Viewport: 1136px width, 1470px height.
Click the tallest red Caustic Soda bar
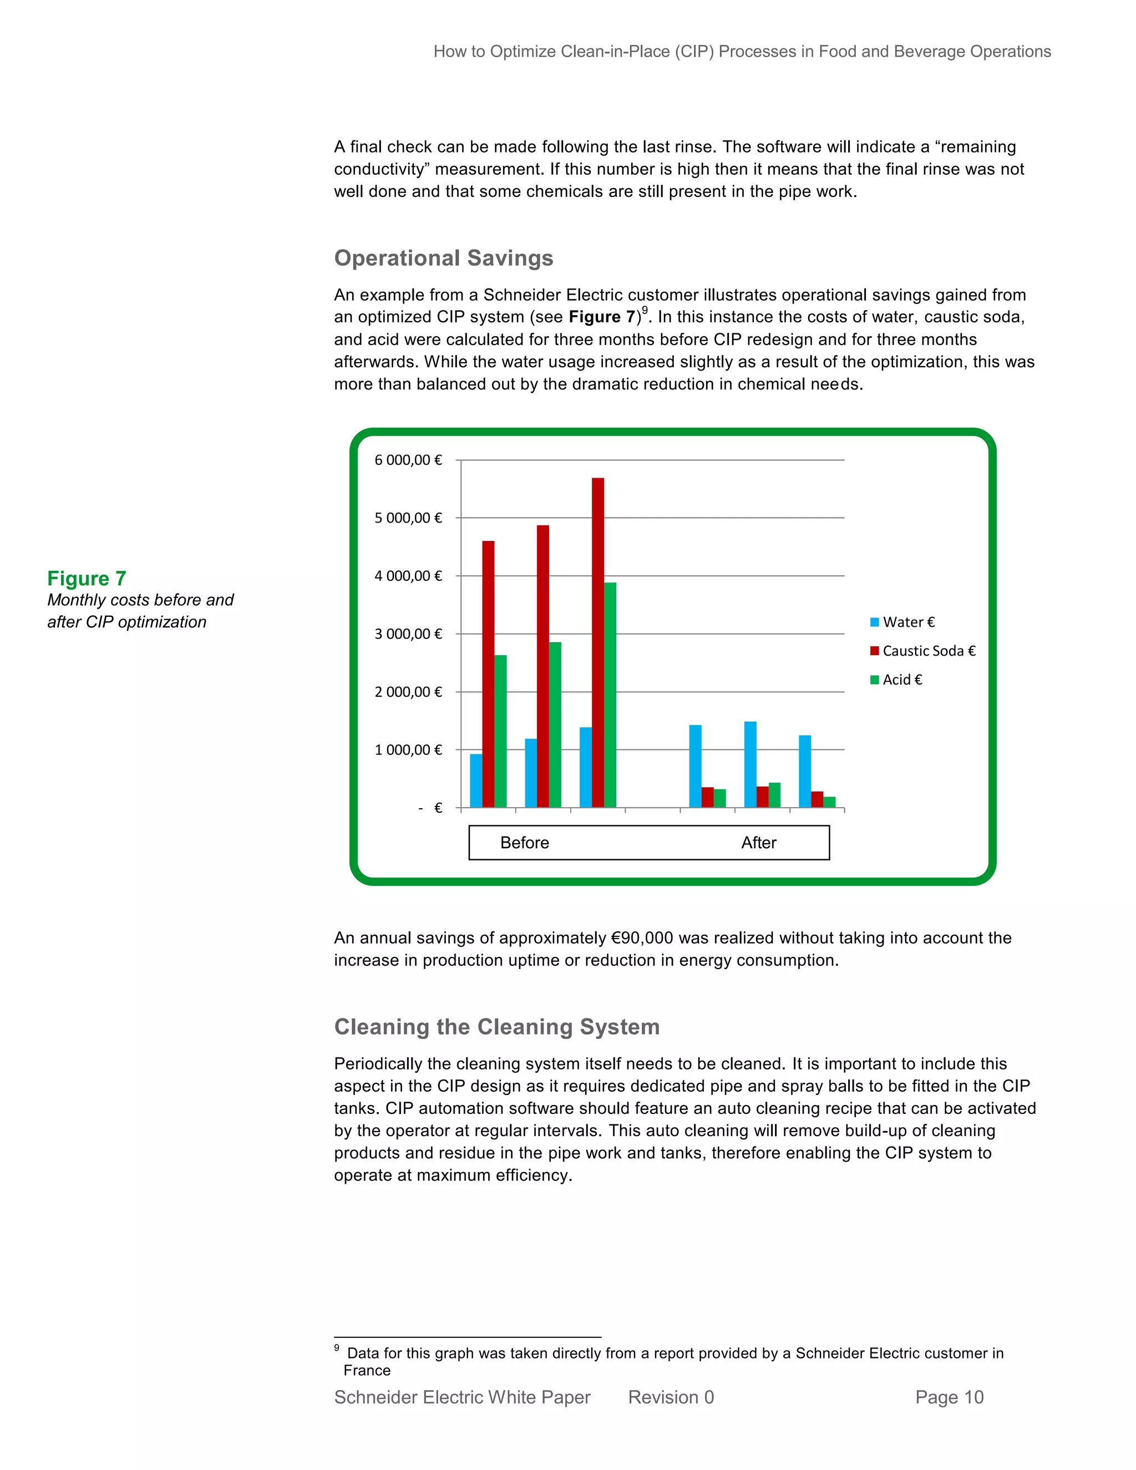tap(597, 642)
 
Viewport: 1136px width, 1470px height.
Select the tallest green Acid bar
tap(610, 695)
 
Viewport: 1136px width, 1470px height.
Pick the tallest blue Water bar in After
tap(750, 764)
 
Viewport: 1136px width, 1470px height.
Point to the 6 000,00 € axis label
tap(408, 460)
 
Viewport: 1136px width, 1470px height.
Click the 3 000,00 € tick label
tap(408, 634)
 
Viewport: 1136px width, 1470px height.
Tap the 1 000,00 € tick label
tap(408, 750)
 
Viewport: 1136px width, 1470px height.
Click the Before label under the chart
tap(524, 843)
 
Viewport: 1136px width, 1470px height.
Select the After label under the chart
tap(758, 843)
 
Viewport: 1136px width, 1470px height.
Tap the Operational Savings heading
tap(444, 258)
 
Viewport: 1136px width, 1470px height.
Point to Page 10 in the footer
tap(949, 1397)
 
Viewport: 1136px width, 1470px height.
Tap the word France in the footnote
tap(367, 1370)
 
